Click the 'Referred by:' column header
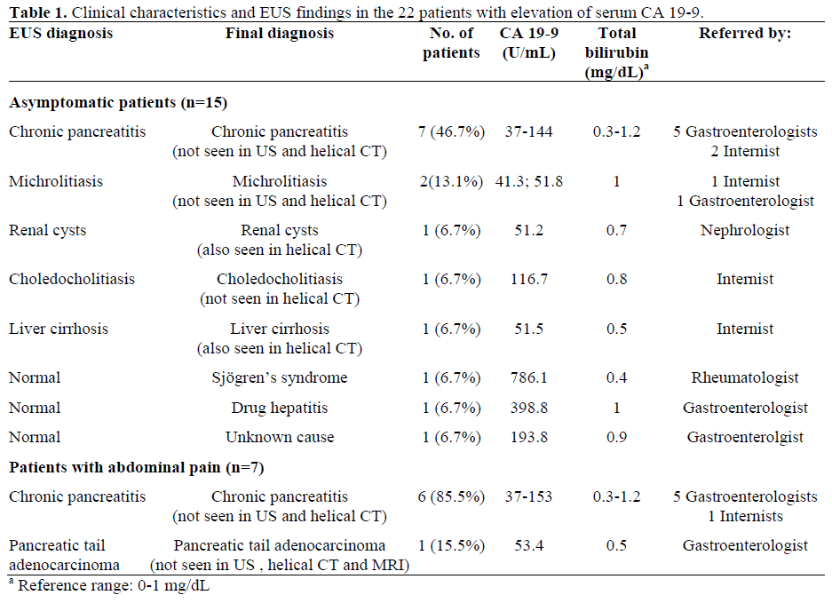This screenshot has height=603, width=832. pos(745,33)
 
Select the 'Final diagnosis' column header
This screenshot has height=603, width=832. pos(280,33)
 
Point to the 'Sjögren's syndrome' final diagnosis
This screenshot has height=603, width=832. pos(280,378)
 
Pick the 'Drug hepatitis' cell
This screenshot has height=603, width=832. pos(280,408)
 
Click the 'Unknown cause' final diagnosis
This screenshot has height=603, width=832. pos(280,437)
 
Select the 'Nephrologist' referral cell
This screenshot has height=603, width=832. pos(745,230)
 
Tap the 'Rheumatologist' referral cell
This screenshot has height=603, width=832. pos(745,378)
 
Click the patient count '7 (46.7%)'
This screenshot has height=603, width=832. pos(451,132)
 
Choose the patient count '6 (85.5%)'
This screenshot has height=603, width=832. pos(451,496)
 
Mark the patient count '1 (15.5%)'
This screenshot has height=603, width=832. pos(451,545)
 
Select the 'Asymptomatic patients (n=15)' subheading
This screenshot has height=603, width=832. pos(119,102)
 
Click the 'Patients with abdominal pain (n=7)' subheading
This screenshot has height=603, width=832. pos(137,467)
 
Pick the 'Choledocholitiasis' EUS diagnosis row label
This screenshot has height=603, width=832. pos(72,279)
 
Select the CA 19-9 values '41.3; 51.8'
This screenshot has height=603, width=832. pos(529,181)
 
